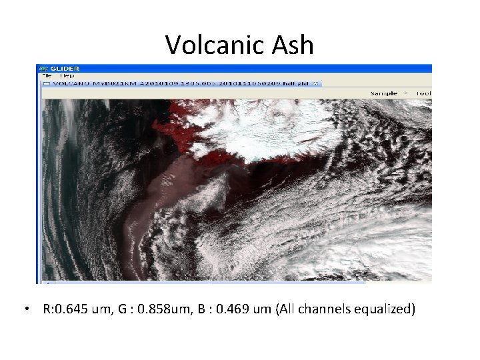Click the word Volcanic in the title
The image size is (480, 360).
tap(206, 45)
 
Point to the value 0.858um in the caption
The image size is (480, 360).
tap(169, 309)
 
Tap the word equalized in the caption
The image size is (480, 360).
tap(385, 309)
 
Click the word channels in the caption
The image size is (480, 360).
tap(327, 309)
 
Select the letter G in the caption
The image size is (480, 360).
tap(128, 309)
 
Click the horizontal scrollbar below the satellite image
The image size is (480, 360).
tap(200, 283)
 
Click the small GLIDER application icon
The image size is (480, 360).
tap(43, 68)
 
